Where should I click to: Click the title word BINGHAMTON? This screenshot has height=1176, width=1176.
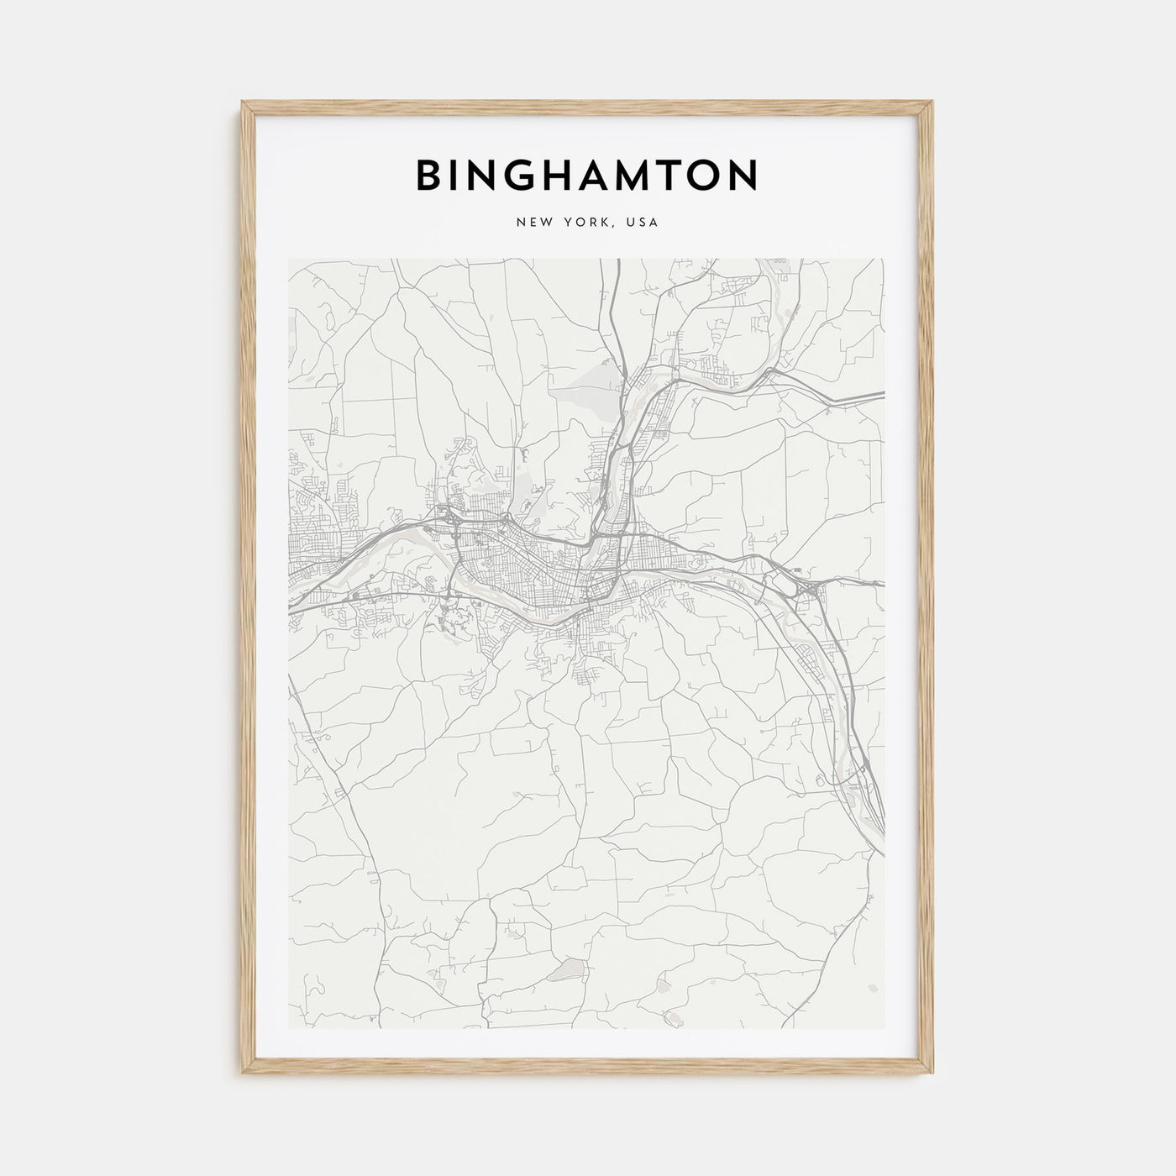587,175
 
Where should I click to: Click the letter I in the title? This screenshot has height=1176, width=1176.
454,175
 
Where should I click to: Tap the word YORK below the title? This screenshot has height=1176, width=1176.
586,223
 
